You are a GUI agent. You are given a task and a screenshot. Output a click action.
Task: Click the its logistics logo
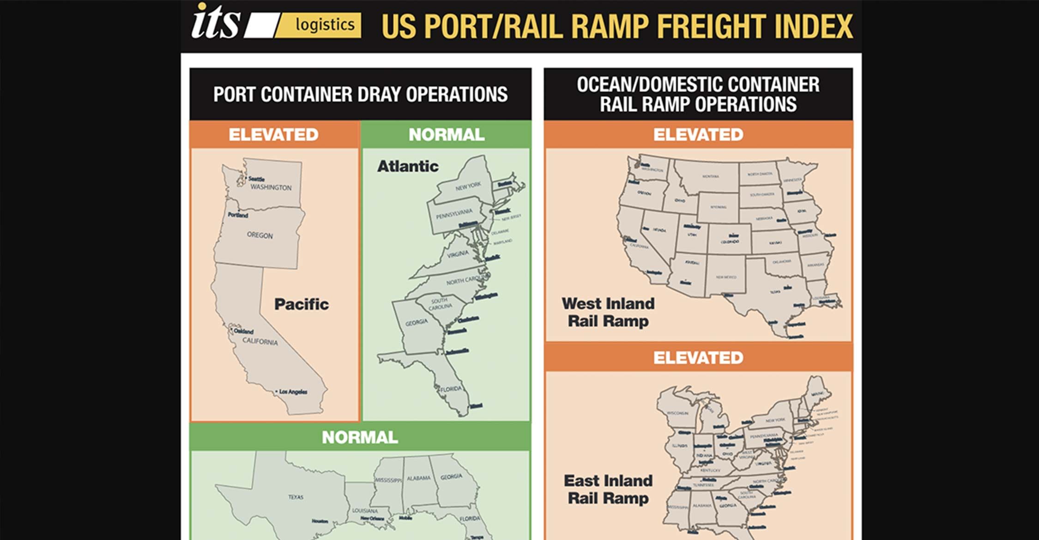click(x=276, y=23)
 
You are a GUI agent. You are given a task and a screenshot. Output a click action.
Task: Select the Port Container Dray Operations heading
click(x=360, y=94)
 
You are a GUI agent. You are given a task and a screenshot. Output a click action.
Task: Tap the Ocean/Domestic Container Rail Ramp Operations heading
click(x=698, y=94)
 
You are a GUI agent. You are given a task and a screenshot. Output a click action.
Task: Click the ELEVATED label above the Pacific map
click(x=273, y=134)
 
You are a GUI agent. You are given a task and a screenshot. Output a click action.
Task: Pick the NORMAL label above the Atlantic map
click(x=446, y=134)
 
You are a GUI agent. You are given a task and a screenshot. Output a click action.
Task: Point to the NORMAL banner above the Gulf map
click(x=360, y=437)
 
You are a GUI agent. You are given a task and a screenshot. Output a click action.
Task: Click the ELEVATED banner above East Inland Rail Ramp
click(x=698, y=357)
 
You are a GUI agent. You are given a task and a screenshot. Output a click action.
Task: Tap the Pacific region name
click(x=301, y=304)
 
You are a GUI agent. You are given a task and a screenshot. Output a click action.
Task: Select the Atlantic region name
click(x=408, y=166)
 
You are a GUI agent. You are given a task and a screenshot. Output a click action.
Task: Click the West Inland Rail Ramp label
click(x=608, y=312)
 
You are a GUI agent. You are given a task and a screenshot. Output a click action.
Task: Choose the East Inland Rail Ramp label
click(x=608, y=489)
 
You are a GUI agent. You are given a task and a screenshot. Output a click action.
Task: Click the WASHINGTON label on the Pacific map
click(x=271, y=187)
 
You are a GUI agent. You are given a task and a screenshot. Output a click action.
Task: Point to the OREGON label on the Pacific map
click(x=260, y=235)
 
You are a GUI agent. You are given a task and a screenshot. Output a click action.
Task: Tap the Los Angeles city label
click(x=293, y=391)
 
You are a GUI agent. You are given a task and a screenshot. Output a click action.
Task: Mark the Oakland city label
click(x=243, y=331)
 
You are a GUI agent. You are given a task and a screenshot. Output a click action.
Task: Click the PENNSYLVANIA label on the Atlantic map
click(x=454, y=214)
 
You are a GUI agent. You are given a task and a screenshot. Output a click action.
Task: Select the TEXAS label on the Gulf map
click(x=296, y=497)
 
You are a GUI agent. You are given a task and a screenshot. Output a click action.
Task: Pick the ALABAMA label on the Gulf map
click(x=418, y=478)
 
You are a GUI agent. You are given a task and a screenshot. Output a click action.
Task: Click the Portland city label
click(x=238, y=215)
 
